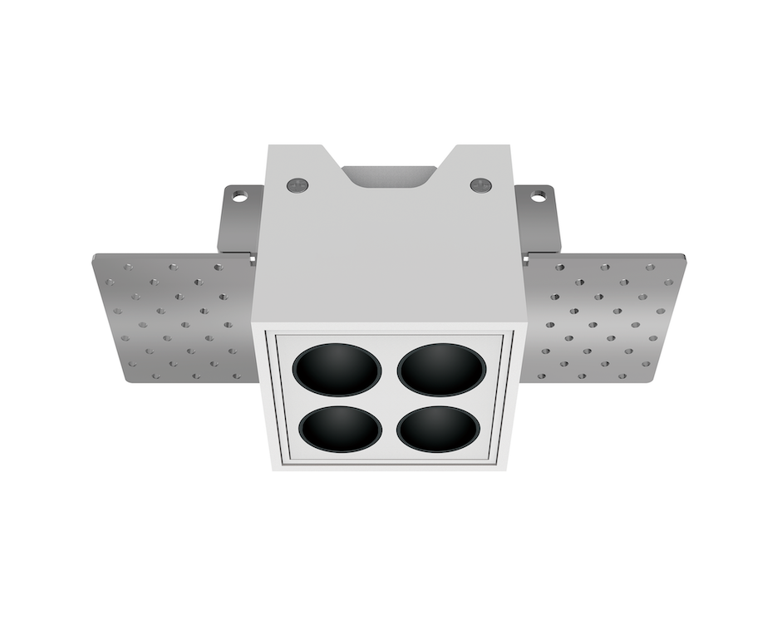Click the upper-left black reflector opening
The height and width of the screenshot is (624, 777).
point(338,370)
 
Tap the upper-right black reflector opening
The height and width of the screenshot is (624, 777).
point(441,369)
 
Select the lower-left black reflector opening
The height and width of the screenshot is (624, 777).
point(341,429)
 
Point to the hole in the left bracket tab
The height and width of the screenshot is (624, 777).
point(239,197)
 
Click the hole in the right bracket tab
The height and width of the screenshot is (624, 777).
point(538,197)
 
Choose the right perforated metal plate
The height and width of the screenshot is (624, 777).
point(603,317)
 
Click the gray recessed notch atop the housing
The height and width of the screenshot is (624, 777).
point(388,175)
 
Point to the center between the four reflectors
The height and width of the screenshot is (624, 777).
point(390,399)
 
